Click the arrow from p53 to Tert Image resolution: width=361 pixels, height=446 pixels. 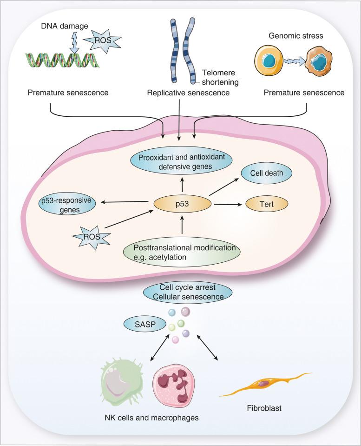coord(227,204)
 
